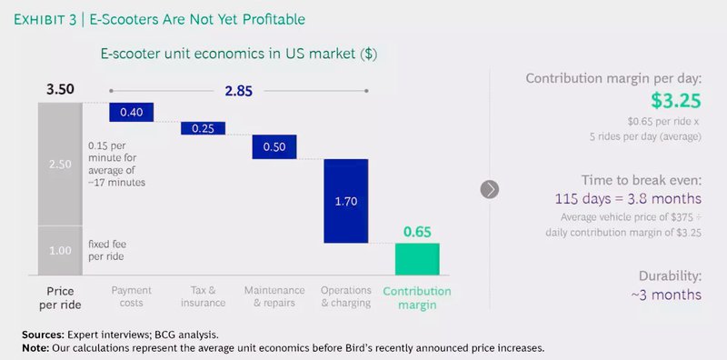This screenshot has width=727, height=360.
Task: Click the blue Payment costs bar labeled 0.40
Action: click(x=131, y=111)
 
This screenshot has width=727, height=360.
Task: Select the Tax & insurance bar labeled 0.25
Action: click(x=202, y=128)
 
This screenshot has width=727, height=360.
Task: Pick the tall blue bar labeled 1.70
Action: click(x=345, y=201)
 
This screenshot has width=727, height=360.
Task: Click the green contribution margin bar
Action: click(x=417, y=259)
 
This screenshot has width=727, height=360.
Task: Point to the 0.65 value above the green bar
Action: click(x=417, y=233)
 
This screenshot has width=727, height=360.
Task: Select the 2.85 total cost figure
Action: click(x=239, y=90)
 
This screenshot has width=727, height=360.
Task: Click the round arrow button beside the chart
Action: click(x=490, y=189)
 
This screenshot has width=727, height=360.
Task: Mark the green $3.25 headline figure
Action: click(x=675, y=101)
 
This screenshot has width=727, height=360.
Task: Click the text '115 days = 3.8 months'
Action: click(x=627, y=198)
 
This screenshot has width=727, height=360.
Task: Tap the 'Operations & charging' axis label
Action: click(x=345, y=296)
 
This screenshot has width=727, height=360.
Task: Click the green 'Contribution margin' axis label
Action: click(x=417, y=297)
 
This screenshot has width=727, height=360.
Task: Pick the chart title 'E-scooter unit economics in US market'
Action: click(x=238, y=54)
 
